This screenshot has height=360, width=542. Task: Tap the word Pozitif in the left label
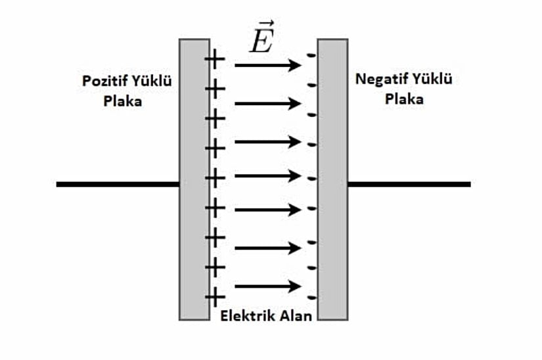[103, 82]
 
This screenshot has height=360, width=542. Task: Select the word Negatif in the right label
[379, 79]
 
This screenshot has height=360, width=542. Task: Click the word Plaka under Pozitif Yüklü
[122, 102]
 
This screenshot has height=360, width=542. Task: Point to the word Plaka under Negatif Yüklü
[403, 100]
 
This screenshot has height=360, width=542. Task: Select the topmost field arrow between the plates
[268, 65]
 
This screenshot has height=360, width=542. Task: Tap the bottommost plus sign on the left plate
[215, 297]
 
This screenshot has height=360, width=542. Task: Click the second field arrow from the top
[268, 104]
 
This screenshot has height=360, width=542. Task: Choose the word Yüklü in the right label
[430, 79]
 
